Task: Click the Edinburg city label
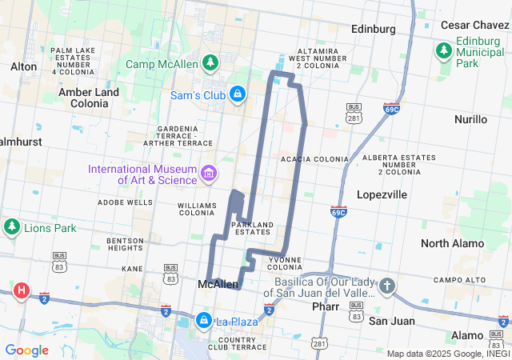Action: [x=374, y=29]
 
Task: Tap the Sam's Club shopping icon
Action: [x=237, y=94]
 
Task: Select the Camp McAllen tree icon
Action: [x=210, y=62]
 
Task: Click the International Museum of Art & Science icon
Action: [x=209, y=173]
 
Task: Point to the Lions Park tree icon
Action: [x=11, y=227]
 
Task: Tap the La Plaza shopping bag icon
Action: [x=204, y=321]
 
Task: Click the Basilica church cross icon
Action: [x=387, y=286]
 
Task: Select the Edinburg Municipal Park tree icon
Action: [x=444, y=51]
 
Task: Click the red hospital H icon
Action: [x=22, y=290]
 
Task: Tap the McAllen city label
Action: [x=218, y=284]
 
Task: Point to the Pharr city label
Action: [x=326, y=306]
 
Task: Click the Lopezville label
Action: [x=382, y=194]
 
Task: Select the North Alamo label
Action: [x=452, y=243]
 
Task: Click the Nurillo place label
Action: [x=470, y=119]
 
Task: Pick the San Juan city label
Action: [x=390, y=320]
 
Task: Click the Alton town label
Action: [x=24, y=66]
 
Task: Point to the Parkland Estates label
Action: [x=252, y=227]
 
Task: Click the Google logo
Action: [x=26, y=350]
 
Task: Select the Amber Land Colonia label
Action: [x=89, y=98]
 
